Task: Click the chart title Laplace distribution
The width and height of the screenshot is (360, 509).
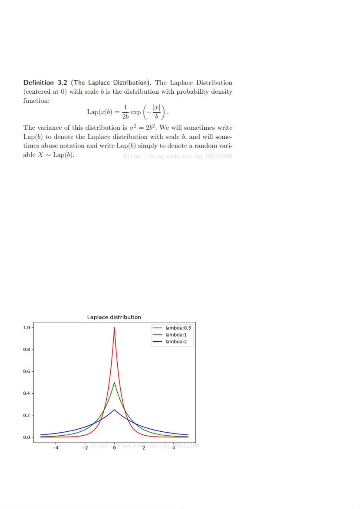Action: click(x=114, y=317)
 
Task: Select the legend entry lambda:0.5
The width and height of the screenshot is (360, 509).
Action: click(x=178, y=328)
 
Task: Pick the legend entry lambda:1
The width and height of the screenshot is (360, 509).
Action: click(x=176, y=335)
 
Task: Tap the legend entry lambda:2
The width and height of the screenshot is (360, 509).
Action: click(x=176, y=342)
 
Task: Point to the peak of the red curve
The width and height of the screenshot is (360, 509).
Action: click(x=114, y=327)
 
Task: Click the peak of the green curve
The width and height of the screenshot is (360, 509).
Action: click(x=114, y=382)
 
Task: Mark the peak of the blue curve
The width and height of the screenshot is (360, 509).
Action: click(x=114, y=410)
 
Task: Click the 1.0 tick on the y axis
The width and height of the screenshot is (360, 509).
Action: click(x=27, y=327)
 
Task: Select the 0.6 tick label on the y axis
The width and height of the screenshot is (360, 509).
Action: click(x=27, y=372)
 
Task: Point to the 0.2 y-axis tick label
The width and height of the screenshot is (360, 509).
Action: click(x=27, y=415)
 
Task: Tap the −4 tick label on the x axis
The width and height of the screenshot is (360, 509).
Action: click(x=55, y=448)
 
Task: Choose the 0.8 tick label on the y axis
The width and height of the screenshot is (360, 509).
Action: click(x=27, y=350)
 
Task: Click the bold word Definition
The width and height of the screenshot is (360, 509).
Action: click(x=38, y=82)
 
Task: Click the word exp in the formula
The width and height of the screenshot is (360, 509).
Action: click(x=135, y=112)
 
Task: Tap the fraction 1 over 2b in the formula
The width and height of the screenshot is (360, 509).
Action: click(x=125, y=112)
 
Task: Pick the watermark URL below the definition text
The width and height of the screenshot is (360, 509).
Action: click(x=178, y=156)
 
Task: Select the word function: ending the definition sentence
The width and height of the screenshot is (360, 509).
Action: click(x=36, y=101)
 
